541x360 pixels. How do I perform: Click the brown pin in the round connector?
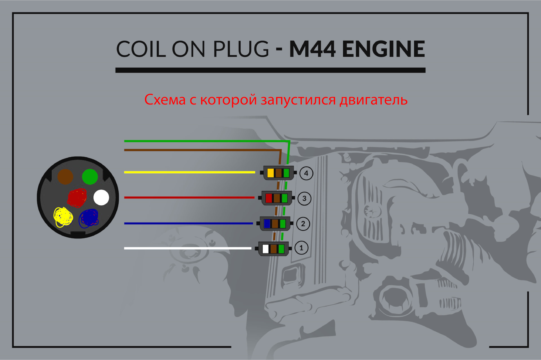coord(65,177)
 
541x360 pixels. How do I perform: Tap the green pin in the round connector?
coord(90,177)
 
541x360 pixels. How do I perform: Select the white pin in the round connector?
coord(101,197)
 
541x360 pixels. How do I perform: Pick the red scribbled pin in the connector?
coord(77,197)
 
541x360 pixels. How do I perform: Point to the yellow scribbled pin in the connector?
coord(63,217)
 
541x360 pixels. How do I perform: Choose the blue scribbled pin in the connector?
coord(89,218)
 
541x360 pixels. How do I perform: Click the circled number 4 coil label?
coord(306,173)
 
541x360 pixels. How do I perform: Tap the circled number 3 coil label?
coord(304,198)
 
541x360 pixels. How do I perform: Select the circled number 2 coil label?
coord(303,224)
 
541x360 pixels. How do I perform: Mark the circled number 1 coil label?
coord(301,248)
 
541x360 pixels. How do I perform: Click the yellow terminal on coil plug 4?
coord(270,173)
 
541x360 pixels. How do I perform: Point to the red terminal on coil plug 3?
coord(269,198)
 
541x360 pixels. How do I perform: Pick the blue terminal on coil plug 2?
coord(267,224)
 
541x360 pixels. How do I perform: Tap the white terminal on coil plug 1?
coord(265,249)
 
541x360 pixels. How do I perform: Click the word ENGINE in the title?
coord(383,49)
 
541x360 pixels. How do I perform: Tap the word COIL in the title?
coord(141,49)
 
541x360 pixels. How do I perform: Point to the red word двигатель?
coord(373,100)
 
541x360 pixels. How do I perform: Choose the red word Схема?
coord(165,100)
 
